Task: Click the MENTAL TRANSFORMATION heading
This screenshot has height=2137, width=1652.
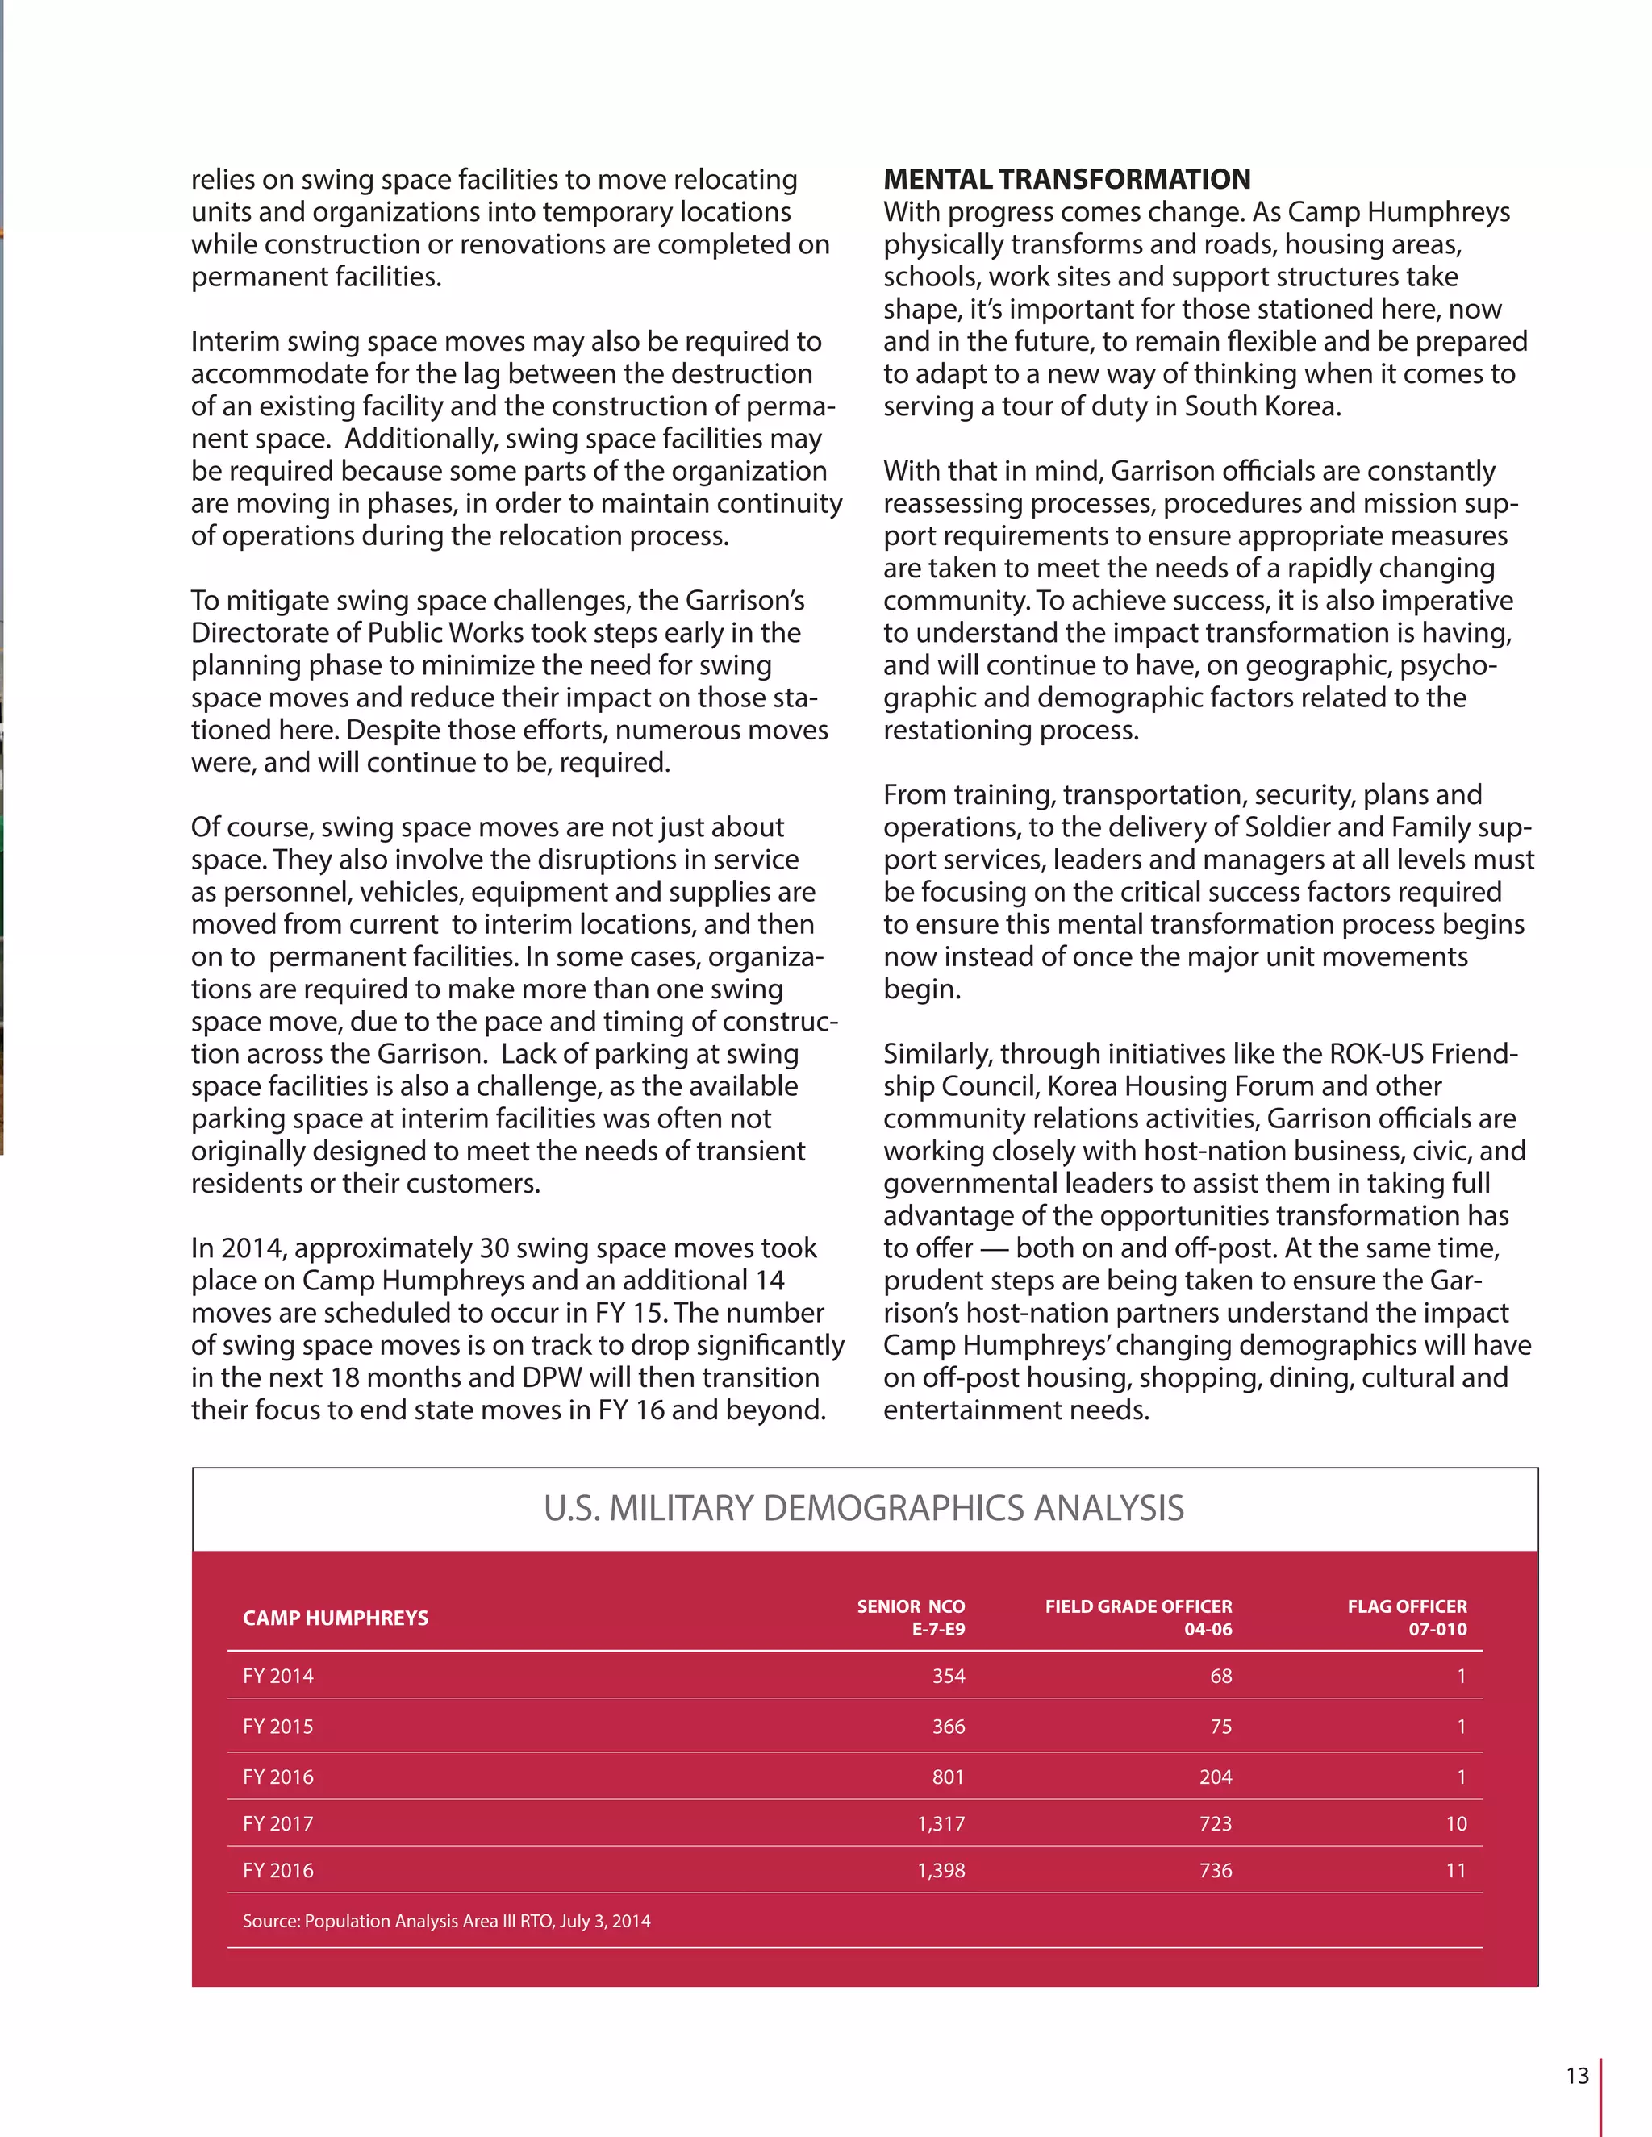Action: coord(1066,179)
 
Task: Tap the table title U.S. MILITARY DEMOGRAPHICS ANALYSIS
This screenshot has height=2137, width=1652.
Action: coord(863,1508)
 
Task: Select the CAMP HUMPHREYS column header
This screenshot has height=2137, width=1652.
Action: coord(335,1618)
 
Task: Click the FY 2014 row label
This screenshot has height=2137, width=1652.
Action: coord(278,1675)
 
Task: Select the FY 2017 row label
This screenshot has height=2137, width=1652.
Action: coord(278,1823)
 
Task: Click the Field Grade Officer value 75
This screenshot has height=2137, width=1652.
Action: coord(1220,1726)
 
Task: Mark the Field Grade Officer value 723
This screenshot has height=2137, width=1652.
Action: coord(1216,1823)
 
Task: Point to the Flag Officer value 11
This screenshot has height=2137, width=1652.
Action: coord(1455,1870)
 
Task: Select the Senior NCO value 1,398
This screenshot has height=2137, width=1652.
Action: coord(941,1870)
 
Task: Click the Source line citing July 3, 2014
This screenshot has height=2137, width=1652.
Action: coord(446,1921)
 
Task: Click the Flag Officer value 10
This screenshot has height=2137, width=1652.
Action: coord(1455,1823)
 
